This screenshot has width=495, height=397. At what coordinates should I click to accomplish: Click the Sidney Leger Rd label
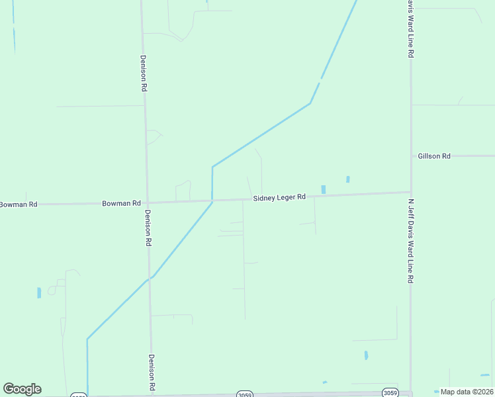(x=279, y=197)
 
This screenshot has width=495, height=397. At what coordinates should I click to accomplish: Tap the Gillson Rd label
(x=434, y=156)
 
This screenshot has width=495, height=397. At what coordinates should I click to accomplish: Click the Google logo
(x=22, y=389)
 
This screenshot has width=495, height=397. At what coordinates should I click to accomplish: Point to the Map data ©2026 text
(x=467, y=392)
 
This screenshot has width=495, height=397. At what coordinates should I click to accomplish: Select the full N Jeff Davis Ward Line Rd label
(x=411, y=242)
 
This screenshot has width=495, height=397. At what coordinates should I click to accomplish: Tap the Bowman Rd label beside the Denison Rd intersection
(x=121, y=203)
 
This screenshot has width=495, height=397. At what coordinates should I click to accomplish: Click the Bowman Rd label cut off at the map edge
(x=19, y=204)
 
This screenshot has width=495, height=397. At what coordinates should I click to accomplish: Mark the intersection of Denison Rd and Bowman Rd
(x=147, y=202)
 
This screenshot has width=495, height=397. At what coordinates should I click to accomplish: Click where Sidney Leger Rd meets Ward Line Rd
(x=411, y=193)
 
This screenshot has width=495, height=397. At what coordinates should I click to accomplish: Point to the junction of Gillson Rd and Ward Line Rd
(x=411, y=156)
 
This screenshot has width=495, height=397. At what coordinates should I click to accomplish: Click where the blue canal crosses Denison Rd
(x=150, y=278)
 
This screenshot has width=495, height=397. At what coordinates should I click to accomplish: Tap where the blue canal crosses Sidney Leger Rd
(x=212, y=200)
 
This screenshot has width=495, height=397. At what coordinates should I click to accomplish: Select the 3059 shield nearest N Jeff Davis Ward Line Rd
(x=390, y=392)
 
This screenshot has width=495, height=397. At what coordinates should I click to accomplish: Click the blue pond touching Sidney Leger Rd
(x=323, y=189)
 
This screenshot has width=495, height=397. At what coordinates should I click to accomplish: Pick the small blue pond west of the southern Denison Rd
(x=39, y=292)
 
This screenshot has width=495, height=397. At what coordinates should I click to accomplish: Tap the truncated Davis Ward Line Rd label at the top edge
(x=410, y=28)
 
